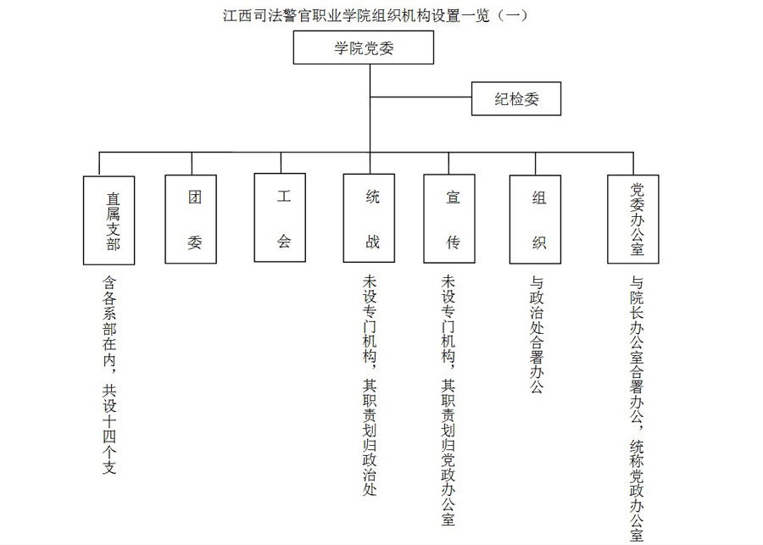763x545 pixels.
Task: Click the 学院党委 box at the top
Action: pyautogui.click(x=363, y=47)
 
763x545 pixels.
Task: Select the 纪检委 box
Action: pyautogui.click(x=515, y=99)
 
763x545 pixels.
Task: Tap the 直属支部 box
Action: pyautogui.click(x=109, y=220)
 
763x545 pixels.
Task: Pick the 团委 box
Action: pyautogui.click(x=191, y=220)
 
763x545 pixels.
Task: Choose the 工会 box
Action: pyautogui.click(x=280, y=218)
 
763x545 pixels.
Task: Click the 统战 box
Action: pyautogui.click(x=369, y=219)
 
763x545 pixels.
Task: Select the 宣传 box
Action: pyautogui.click(x=449, y=219)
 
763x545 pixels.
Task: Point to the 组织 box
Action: pyautogui.click(x=535, y=220)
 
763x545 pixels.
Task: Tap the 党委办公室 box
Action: pyautogui.click(x=633, y=220)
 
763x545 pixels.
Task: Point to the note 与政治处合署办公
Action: pyautogui.click(x=537, y=335)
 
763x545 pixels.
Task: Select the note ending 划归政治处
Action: pyautogui.click(x=370, y=386)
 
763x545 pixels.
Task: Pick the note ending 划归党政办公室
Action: pyautogui.click(x=448, y=400)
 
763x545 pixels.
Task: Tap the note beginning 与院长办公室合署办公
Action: pyautogui.click(x=637, y=409)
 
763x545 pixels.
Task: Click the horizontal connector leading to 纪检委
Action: pyautogui.click(x=420, y=97)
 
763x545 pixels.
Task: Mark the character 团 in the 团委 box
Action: pyautogui.click(x=195, y=197)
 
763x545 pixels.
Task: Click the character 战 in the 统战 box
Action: pyautogui.click(x=373, y=242)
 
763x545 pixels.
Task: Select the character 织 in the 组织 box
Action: pyautogui.click(x=539, y=242)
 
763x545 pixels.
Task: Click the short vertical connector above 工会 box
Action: pyautogui.click(x=281, y=163)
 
